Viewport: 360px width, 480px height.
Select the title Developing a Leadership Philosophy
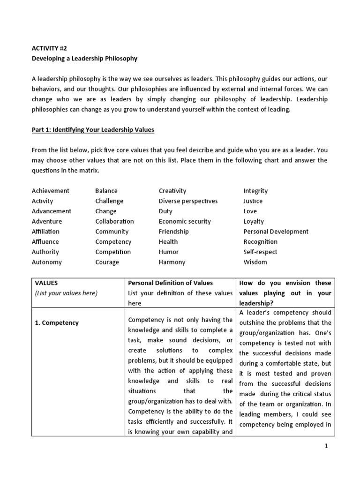click(84, 59)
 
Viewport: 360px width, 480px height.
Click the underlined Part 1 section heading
click(93, 129)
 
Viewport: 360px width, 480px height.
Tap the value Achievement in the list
click(51, 191)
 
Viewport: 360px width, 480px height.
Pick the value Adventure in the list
click(47, 221)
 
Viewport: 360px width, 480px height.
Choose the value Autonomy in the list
click(47, 262)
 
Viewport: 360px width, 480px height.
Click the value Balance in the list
click(106, 191)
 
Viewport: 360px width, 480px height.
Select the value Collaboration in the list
click(114, 221)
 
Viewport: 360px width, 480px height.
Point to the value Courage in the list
click(107, 262)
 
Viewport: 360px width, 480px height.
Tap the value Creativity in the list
click(172, 191)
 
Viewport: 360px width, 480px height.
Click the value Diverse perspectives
click(188, 201)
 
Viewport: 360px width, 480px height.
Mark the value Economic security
click(185, 221)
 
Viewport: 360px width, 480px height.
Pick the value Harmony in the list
click(172, 262)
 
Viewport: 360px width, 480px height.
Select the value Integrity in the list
click(255, 191)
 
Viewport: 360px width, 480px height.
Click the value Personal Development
click(276, 232)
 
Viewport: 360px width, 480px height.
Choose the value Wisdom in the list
click(255, 262)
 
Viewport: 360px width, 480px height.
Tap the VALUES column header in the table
click(46, 283)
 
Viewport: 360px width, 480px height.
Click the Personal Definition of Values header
click(171, 283)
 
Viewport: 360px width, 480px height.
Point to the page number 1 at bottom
click(326, 446)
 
